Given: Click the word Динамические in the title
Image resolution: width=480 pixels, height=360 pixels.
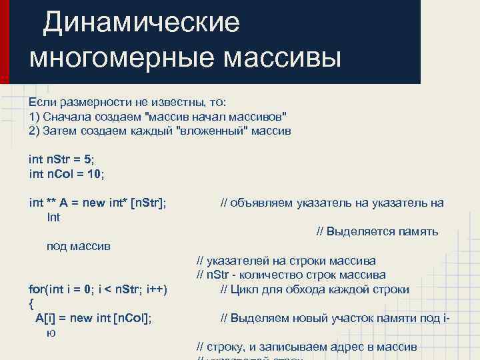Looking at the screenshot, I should [x=141, y=23].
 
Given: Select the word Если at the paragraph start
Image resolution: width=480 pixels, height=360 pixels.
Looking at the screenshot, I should [x=43, y=103].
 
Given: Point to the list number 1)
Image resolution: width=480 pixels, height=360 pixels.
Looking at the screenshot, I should [x=35, y=117].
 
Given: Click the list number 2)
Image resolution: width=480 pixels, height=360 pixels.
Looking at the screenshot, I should [x=35, y=131].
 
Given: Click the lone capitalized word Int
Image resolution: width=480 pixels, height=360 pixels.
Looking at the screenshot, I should [x=53, y=217].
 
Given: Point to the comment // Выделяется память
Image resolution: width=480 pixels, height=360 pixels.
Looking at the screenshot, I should [x=377, y=232].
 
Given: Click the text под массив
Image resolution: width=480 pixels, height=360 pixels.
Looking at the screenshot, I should [x=78, y=246].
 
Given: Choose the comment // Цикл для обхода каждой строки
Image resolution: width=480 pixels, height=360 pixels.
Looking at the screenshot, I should [x=315, y=289].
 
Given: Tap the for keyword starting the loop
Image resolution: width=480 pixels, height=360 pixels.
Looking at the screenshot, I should [x=37, y=289].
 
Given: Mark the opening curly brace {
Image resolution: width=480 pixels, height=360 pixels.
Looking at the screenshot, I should [x=31, y=304].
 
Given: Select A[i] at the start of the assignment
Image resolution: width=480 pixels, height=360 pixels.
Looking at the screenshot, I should [x=46, y=318].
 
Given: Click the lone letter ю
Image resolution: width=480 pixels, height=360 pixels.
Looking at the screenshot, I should [x=51, y=332].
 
